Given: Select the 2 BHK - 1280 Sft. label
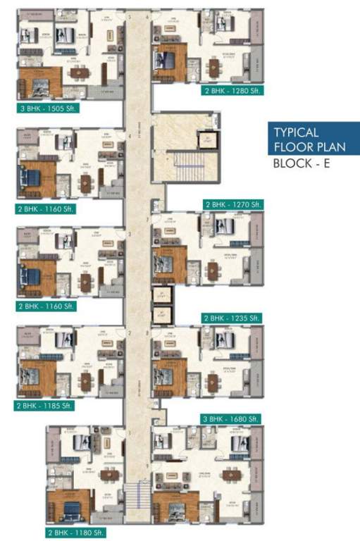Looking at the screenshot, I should point(230,91).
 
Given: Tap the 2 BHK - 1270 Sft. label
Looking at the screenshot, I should point(233,204).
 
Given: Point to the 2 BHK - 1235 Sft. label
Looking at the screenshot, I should point(232,318).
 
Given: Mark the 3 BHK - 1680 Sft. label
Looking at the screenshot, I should point(232,418).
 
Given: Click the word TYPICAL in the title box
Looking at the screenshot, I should point(297,132).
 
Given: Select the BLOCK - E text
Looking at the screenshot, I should point(301,166).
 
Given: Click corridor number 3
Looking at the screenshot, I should point(130,235).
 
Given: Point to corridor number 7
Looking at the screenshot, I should point(147,220).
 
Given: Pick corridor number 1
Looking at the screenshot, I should point(130,433).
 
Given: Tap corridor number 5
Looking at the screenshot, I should point(130,15).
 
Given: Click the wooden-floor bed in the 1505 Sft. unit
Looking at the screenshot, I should point(37,86).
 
